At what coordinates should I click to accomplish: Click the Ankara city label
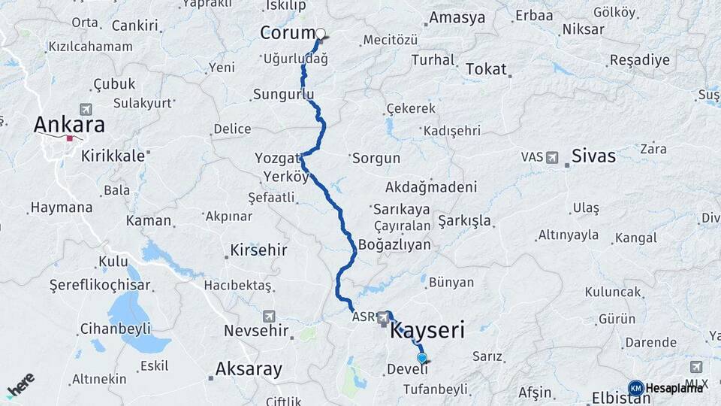point(68,124)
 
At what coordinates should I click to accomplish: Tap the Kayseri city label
point(427,330)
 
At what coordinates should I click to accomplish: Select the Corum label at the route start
point(288,33)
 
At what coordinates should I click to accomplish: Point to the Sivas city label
point(593,156)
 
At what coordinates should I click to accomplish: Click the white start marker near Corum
point(321,33)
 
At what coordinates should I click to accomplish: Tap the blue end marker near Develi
point(422,359)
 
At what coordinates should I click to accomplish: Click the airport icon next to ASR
point(384,318)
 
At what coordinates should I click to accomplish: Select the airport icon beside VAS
point(553,158)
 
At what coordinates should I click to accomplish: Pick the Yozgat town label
point(277,158)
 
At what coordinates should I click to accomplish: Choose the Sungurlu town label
point(282,95)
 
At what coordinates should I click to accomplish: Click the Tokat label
point(486,69)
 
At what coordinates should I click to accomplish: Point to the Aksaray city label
point(249,369)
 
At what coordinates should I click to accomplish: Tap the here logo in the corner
point(20,385)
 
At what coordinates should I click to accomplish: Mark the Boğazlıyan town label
point(394,244)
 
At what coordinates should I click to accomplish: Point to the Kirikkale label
point(113,153)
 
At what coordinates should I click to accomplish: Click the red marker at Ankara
point(70,138)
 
